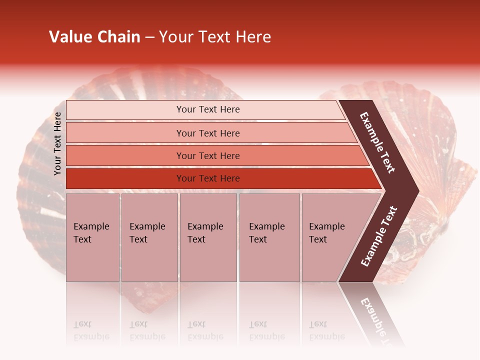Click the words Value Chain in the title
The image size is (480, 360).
coord(94,37)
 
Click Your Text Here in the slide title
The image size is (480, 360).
coord(215,37)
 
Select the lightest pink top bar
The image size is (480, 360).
coord(125,110)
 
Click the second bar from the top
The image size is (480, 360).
coord(125,133)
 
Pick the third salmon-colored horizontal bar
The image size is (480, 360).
coord(125,155)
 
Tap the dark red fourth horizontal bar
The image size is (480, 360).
coord(125,178)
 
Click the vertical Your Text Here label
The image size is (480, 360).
coord(57,143)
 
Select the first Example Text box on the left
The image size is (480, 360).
coord(92,237)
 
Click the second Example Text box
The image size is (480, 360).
coord(149,237)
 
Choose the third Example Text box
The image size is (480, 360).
coord(207,237)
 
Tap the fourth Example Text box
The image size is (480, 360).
coord(269,237)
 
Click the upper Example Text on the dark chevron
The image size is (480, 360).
coord(377,142)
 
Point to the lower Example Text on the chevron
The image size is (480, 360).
coord(379,236)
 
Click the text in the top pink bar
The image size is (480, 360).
coord(208,109)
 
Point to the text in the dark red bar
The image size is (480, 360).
coord(208,178)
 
